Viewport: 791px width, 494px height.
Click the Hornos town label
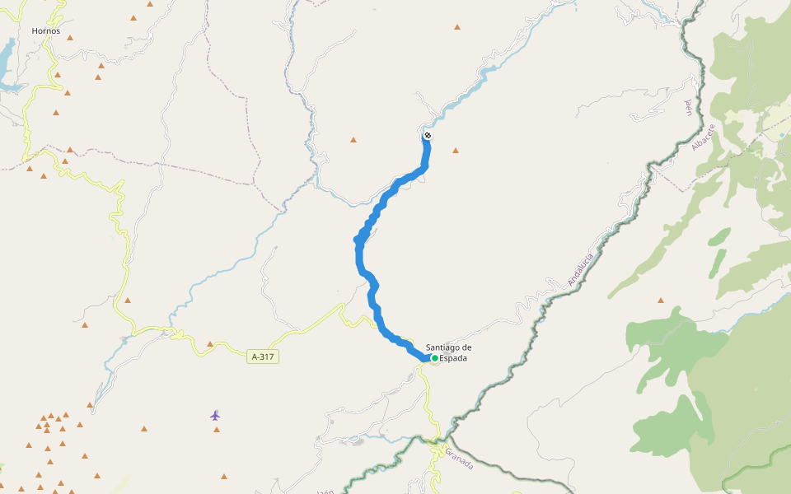tap(46, 31)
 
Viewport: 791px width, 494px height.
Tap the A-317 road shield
tap(261, 357)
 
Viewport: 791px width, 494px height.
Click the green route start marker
tap(434, 358)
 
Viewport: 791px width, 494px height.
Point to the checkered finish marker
tap(428, 135)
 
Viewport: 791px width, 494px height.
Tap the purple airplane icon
tap(215, 415)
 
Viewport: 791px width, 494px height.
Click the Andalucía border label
tap(580, 270)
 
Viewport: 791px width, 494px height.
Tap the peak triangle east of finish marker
tap(455, 151)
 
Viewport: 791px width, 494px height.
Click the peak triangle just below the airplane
tap(217, 430)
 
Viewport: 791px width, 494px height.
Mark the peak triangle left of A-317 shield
tap(210, 344)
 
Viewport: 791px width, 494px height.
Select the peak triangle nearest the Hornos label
tap(70, 38)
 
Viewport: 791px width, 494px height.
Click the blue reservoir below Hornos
tap(7, 63)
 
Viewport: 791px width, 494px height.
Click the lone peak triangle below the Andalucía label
tap(660, 301)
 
